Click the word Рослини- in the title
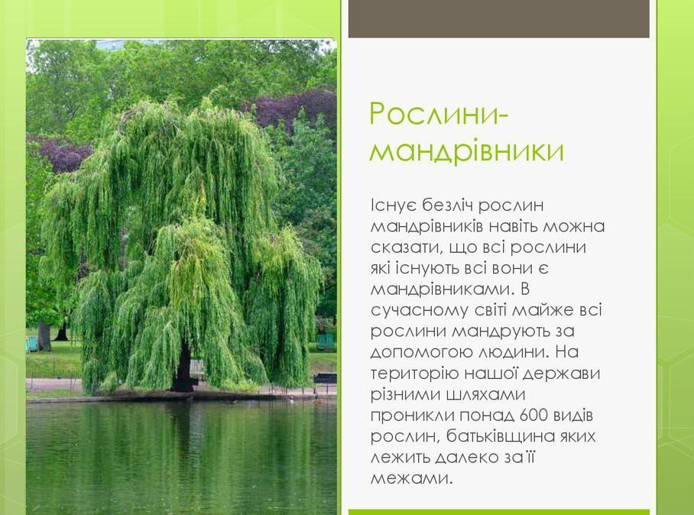(439, 114)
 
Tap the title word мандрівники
(467, 151)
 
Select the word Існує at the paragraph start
(393, 206)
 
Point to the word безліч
(446, 206)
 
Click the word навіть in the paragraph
(513, 226)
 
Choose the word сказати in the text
(402, 248)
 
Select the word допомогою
(419, 352)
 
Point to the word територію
(414, 374)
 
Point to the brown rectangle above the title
(499, 18)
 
